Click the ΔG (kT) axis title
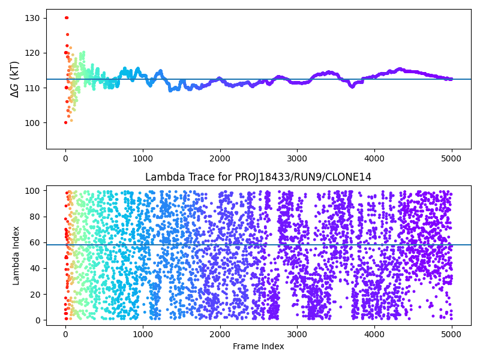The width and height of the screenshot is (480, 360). click(14, 79)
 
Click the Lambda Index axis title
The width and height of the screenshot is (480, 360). click(17, 255)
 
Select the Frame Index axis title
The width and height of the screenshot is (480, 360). click(259, 346)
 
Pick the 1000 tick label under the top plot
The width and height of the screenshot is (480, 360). click(143, 158)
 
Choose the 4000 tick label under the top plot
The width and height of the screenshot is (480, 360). click(374, 158)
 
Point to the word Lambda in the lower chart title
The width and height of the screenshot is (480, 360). click(161, 177)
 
